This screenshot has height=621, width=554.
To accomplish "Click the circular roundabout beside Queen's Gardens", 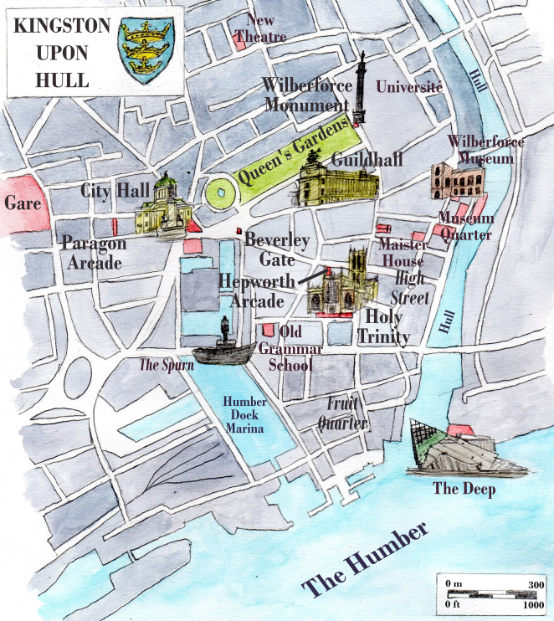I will (x=220, y=192).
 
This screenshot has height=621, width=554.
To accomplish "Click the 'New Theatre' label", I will (x=260, y=28).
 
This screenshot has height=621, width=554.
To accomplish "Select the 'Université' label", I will (x=409, y=86).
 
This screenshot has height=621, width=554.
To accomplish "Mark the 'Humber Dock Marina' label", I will (x=244, y=414).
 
